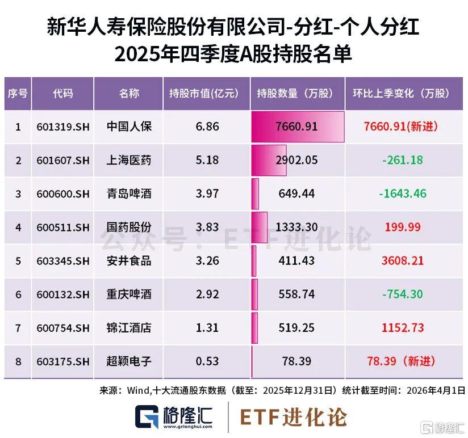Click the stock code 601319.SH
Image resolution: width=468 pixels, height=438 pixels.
pyautogui.click(x=62, y=127)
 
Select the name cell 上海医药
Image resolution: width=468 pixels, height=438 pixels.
pyautogui.click(x=129, y=161)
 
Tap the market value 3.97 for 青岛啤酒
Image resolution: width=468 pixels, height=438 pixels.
pyautogui.click(x=207, y=194)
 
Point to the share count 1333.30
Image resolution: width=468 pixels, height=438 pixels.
pyautogui.click(x=296, y=228)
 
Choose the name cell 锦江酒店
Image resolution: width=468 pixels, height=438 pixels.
pyautogui.click(x=129, y=328)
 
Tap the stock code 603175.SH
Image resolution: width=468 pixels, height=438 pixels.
pyautogui.click(x=62, y=361)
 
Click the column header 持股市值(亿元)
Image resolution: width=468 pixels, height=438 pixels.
pyautogui.click(x=207, y=94)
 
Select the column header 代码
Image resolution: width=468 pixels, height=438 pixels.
pyautogui.click(x=62, y=94)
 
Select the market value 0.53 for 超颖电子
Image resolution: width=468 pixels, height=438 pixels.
pyautogui.click(x=207, y=361)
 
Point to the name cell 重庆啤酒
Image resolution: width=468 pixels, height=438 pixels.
pyautogui.click(x=129, y=294)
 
